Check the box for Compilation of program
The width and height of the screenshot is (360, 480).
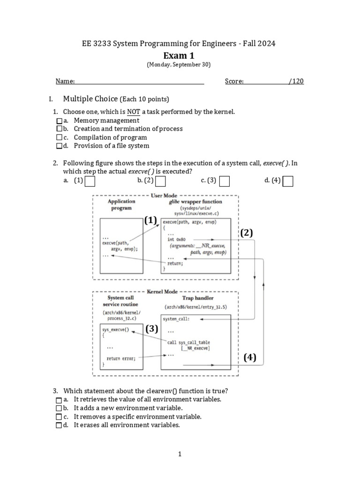click(x=59, y=137)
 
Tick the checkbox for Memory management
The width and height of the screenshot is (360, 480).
click(x=59, y=120)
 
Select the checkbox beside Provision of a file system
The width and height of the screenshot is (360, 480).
click(x=59, y=146)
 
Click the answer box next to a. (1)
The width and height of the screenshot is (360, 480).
click(x=90, y=181)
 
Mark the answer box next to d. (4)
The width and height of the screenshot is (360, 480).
click(x=288, y=181)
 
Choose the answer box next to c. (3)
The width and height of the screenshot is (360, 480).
click(x=225, y=181)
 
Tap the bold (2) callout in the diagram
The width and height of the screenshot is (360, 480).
click(x=247, y=233)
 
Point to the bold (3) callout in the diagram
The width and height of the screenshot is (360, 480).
click(x=151, y=329)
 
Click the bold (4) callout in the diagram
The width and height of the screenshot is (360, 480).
click(x=250, y=358)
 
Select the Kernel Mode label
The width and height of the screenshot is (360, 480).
click(x=162, y=291)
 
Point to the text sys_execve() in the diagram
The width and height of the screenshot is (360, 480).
click(x=115, y=330)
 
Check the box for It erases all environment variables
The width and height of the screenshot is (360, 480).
click(x=59, y=425)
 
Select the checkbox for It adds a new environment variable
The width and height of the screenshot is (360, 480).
click(x=59, y=408)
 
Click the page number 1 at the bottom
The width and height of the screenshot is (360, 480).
click(x=180, y=454)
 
